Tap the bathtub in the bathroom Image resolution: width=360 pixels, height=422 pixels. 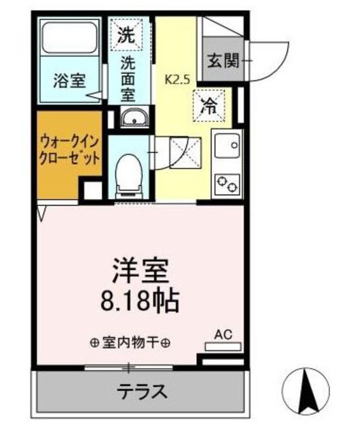click(69, 39)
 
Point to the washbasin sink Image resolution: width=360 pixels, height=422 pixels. click(136, 119)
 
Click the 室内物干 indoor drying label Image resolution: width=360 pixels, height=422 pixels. click(131, 343)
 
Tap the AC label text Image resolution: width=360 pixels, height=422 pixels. click(224, 334)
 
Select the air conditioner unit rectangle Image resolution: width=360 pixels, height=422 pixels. click(224, 345)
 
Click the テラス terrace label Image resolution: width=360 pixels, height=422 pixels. click(142, 391)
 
